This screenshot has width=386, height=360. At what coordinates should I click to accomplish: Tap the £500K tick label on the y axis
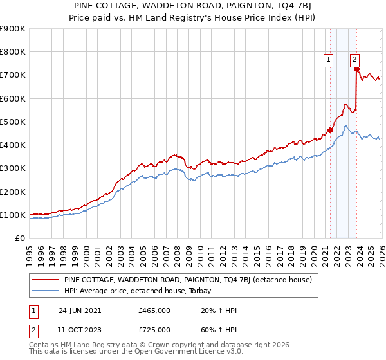pos(13,122)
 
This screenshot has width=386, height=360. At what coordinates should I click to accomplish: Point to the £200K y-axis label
pos(13,192)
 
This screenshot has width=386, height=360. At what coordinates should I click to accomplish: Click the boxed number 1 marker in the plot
pos(328,60)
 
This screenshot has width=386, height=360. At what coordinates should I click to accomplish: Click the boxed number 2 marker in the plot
pos(354,60)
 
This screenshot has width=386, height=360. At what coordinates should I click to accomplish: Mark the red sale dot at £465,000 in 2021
pos(330,130)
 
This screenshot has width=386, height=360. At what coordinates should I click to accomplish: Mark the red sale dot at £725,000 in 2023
pos(356,69)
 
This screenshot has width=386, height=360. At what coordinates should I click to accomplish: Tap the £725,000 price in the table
pos(154,330)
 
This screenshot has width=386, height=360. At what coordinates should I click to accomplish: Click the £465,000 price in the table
pos(154,310)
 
